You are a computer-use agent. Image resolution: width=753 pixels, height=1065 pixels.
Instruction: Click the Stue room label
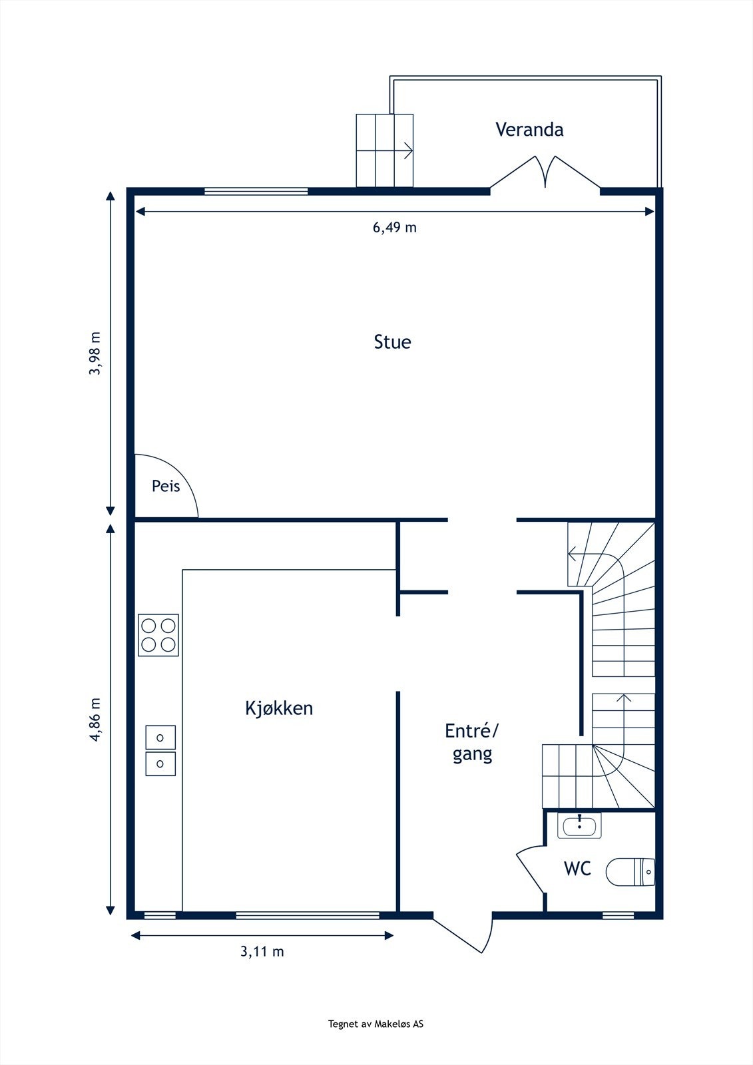[392, 342]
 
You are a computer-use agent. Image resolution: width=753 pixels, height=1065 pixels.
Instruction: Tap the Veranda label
[529, 129]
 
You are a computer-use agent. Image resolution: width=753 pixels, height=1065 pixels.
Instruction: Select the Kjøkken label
[279, 708]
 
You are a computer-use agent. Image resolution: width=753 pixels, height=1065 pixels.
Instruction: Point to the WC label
[577, 869]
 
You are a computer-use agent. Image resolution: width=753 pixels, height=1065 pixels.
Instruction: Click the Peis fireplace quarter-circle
[163, 487]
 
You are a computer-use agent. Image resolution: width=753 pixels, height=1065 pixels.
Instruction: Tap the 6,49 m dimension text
[394, 228]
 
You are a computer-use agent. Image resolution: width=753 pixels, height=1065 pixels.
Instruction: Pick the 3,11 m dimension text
[262, 952]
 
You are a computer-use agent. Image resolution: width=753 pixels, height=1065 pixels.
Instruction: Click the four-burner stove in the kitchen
[158, 635]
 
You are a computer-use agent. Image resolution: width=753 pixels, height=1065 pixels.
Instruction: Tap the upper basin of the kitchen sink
[160, 738]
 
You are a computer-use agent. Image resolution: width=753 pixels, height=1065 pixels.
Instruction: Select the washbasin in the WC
[580, 826]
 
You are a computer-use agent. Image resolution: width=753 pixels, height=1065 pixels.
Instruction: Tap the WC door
[531, 869]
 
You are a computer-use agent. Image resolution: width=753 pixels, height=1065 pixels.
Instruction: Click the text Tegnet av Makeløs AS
[376, 1024]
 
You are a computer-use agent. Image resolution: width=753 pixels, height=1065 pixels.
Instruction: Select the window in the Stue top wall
[256, 192]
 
